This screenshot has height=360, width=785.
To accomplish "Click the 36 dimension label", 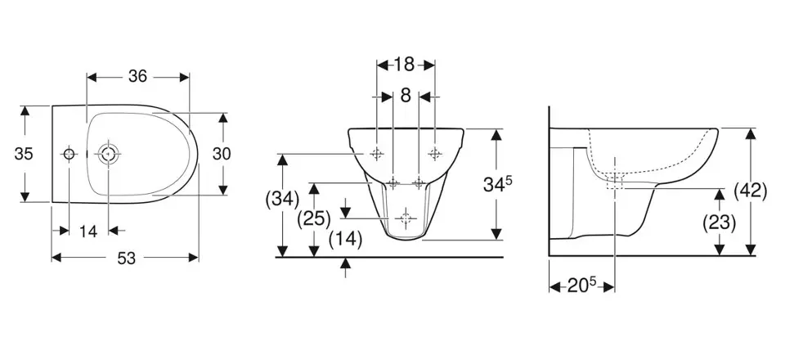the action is click(137, 76).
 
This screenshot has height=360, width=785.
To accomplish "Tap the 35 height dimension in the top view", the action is click(24, 154).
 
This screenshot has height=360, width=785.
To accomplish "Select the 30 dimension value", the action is click(222, 154).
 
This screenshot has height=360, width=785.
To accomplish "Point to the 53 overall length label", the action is click(127, 258).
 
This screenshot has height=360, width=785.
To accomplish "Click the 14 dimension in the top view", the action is click(88, 231).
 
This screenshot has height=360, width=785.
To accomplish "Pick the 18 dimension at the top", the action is click(404, 64).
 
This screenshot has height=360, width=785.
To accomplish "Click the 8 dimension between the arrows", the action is click(406, 96).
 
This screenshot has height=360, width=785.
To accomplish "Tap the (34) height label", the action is click(282, 199).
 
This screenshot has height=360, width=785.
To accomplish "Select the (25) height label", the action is click(314, 218).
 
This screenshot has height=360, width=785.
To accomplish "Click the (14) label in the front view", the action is click(345, 240).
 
